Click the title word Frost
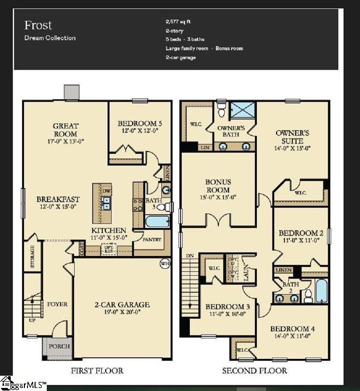[x=38, y=25]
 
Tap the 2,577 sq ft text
[x=178, y=22]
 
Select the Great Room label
[x=66, y=130]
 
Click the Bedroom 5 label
[x=140, y=123]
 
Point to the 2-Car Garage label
[x=122, y=304]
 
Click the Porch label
[x=59, y=346]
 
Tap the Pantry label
[x=152, y=239]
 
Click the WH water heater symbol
[x=164, y=264]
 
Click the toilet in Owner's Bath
[x=220, y=109]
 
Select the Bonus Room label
[x=218, y=186]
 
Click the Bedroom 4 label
[x=292, y=329]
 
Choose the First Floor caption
[x=97, y=371]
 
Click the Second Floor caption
[x=254, y=371]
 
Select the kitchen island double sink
[x=107, y=204]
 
